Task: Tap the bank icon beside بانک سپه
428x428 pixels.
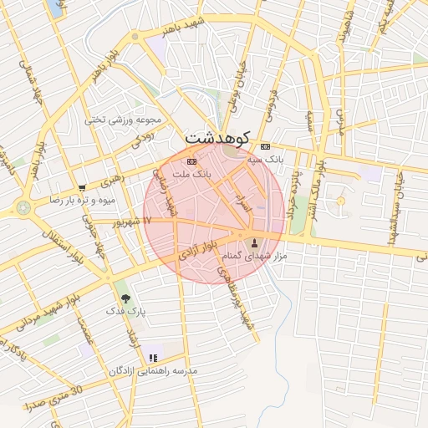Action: [x=266, y=146]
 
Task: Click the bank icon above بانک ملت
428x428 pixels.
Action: [x=192, y=161]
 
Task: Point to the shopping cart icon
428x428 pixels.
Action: [x=81, y=188]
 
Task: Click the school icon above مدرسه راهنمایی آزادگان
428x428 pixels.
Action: [x=152, y=358]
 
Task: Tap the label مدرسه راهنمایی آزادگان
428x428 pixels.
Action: [x=154, y=370]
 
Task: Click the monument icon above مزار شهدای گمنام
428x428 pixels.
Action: [x=255, y=243]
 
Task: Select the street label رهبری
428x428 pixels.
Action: [x=111, y=179]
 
